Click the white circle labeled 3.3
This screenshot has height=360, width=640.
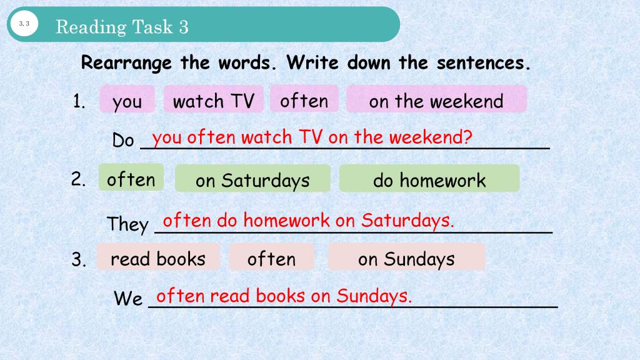[24, 24]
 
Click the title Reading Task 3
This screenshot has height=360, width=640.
[122, 27]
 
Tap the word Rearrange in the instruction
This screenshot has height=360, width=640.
[126, 63]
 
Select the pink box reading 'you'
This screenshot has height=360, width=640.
[127, 99]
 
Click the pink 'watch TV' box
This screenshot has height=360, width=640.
[214, 99]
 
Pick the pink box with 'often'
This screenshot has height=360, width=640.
[304, 99]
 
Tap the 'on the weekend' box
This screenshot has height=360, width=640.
[436, 99]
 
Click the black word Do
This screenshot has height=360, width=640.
[123, 141]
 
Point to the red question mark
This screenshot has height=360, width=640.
[467, 137]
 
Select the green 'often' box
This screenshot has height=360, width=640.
[131, 177]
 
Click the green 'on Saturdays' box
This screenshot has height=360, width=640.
[252, 178]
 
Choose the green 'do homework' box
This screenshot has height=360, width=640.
[429, 178]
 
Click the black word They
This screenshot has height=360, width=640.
[127, 224]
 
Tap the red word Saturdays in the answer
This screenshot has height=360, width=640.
[407, 221]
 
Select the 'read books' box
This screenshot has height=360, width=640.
[158, 257]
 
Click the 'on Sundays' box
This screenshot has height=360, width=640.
[406, 257]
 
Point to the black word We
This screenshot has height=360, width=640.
[128, 298]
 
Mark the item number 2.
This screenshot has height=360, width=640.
[78, 179]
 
